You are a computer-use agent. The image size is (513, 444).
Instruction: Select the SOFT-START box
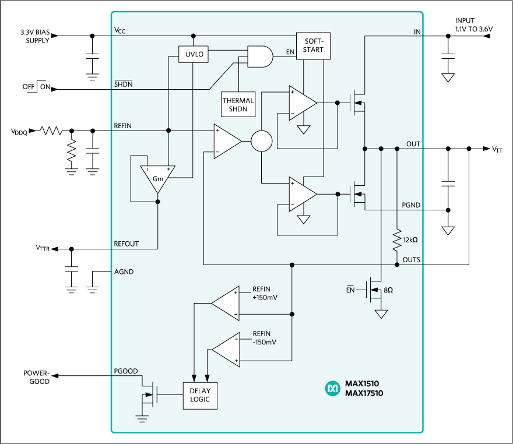pos(314,45)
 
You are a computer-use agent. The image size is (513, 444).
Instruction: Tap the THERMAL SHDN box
pos(238,105)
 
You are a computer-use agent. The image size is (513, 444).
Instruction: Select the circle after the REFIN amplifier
pos(262,141)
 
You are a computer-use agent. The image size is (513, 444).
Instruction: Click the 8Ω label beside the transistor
pos(388,290)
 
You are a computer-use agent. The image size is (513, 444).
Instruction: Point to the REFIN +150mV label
pos(264,294)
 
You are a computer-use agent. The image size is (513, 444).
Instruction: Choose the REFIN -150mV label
pos(264,338)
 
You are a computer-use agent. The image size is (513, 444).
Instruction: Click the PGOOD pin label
pos(126,371)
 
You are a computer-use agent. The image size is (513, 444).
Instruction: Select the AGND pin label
pos(125,272)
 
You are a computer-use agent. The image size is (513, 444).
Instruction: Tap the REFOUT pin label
pos(127,244)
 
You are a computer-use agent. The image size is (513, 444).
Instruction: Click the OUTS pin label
pos(411,259)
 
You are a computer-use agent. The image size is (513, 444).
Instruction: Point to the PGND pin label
pos(411,206)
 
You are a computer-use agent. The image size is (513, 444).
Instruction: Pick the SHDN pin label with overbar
pos(123,84)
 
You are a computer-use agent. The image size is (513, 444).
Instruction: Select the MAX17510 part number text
pos(364,393)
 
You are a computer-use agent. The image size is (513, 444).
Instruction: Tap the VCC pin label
pos(120,30)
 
